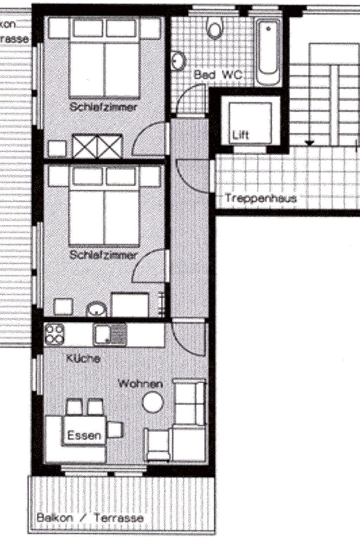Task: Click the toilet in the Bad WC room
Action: [215, 28]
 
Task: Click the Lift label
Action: [241, 135]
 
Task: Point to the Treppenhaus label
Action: [261, 198]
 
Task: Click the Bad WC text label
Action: [218, 75]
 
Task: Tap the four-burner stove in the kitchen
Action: [55, 334]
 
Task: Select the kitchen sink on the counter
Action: [110, 334]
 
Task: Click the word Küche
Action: [83, 358]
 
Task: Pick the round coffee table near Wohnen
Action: [153, 402]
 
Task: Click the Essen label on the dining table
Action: [84, 436]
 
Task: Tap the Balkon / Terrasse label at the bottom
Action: [90, 518]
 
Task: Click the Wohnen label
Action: [140, 384]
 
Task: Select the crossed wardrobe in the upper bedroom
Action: [97, 146]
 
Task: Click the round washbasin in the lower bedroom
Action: [97, 310]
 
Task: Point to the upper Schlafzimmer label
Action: [103, 107]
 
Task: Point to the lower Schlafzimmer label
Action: [103, 255]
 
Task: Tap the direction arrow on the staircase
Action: [309, 143]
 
